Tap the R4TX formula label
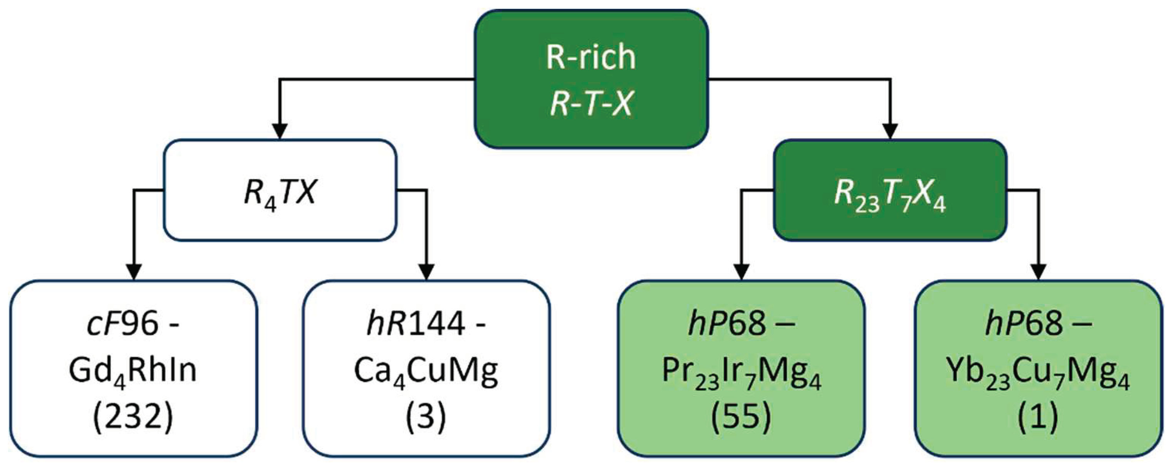279,193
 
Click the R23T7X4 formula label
890,198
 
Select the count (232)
133,417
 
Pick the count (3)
426,417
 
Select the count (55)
741,417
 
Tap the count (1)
1038,417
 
